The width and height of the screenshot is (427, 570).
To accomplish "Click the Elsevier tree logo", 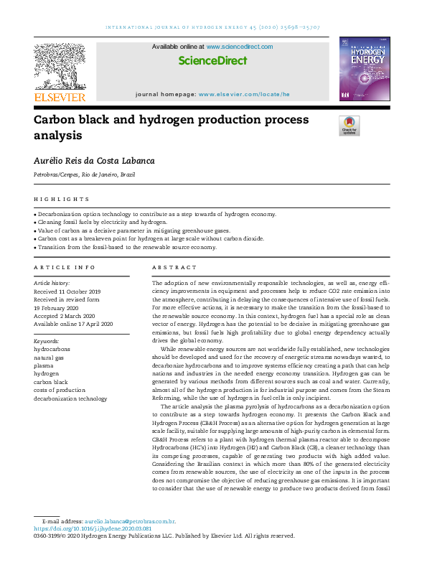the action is tap(60, 66).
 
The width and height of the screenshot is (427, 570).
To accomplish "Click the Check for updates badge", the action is tap(349, 126).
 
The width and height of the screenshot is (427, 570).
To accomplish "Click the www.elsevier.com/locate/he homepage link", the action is tap(244, 94).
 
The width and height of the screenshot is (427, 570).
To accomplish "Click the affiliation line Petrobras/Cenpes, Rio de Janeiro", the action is tap(84, 174).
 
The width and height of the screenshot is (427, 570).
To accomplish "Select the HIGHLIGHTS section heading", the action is tap(62, 200).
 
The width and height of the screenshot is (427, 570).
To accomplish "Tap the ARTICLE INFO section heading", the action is tap(65, 267).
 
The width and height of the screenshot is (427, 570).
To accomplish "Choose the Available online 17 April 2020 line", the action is tap(74, 324).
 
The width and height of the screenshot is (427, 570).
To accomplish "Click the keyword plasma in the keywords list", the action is tap(44, 365).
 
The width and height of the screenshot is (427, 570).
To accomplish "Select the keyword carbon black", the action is tap(51, 382).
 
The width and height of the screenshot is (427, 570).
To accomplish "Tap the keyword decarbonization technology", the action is tap(70, 398).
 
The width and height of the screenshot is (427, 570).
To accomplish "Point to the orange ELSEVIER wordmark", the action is tap(60, 97).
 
